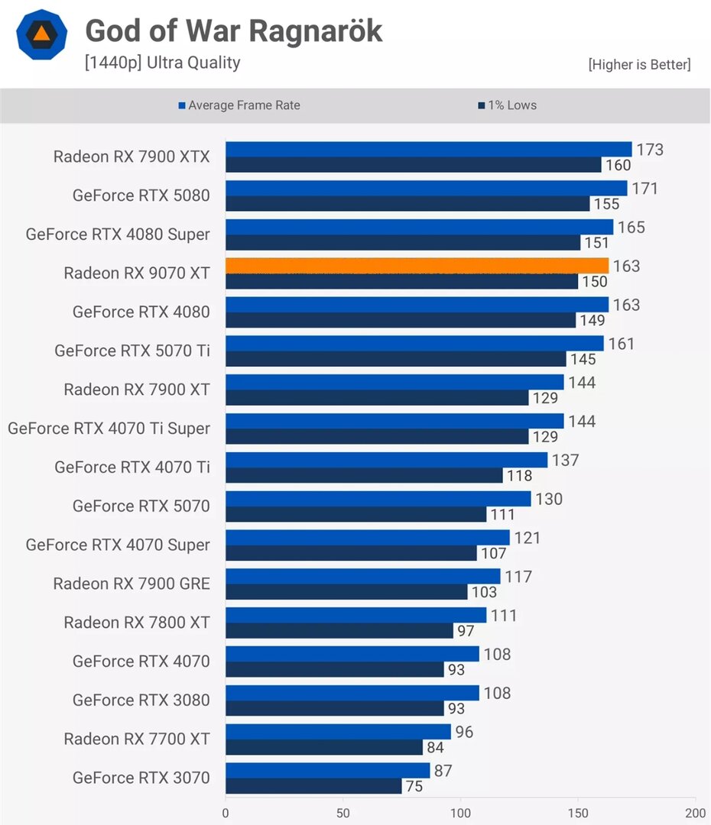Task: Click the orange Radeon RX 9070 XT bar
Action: [417, 266]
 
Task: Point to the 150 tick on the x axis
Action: [578, 813]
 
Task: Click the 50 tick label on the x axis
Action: [343, 813]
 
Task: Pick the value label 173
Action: [650, 150]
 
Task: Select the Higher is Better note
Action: [639, 65]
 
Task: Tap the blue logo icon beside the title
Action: [42, 34]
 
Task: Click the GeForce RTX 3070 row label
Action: [141, 778]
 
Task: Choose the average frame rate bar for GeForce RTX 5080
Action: [426, 188]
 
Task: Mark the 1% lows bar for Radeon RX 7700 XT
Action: [324, 747]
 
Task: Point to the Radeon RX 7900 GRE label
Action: [131, 584]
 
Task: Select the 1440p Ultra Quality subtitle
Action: [162, 63]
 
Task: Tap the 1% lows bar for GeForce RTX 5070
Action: [355, 514]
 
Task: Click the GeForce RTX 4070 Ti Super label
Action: [109, 429]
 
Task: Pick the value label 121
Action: [527, 538]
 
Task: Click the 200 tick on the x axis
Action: [695, 813]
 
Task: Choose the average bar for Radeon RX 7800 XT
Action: [355, 615]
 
